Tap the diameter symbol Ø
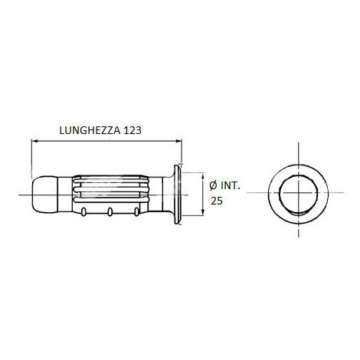click(x=212, y=185)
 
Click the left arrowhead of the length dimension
click(x=33, y=140)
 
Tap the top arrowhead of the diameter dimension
click(x=202, y=175)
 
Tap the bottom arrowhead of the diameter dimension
click(x=202, y=217)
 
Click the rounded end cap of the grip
click(x=44, y=195)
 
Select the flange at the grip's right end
click(x=178, y=195)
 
